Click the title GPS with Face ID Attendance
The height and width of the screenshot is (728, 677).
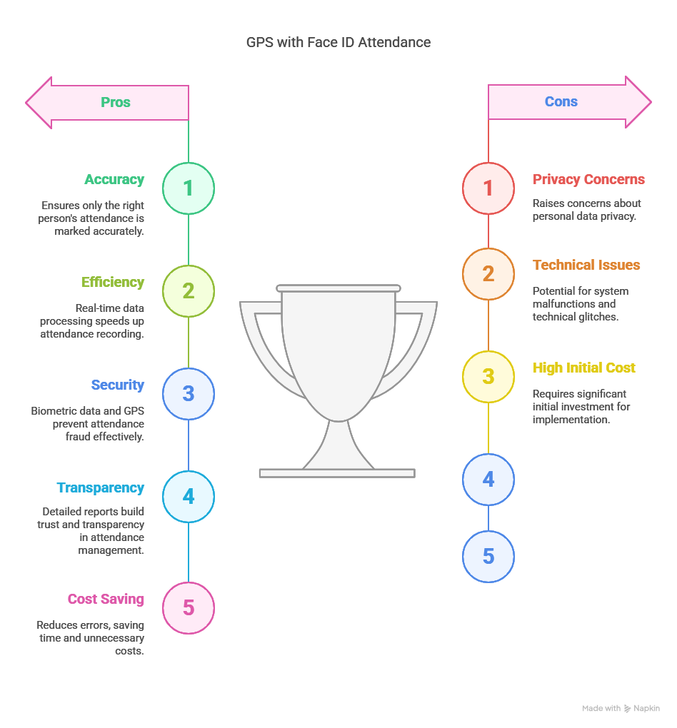pos(338,42)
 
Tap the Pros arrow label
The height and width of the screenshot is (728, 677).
pos(116,102)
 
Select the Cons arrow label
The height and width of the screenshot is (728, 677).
pos(561,101)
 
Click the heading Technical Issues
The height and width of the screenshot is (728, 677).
pos(586,265)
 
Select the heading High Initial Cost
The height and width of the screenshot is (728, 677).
pos(583,368)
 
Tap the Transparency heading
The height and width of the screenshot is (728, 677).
pos(101,488)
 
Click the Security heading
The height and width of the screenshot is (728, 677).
pos(118,385)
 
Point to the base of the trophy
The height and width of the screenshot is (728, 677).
pos(337,473)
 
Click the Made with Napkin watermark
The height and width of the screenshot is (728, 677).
pos(621,708)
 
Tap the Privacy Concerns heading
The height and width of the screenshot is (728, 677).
pos(588,179)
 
